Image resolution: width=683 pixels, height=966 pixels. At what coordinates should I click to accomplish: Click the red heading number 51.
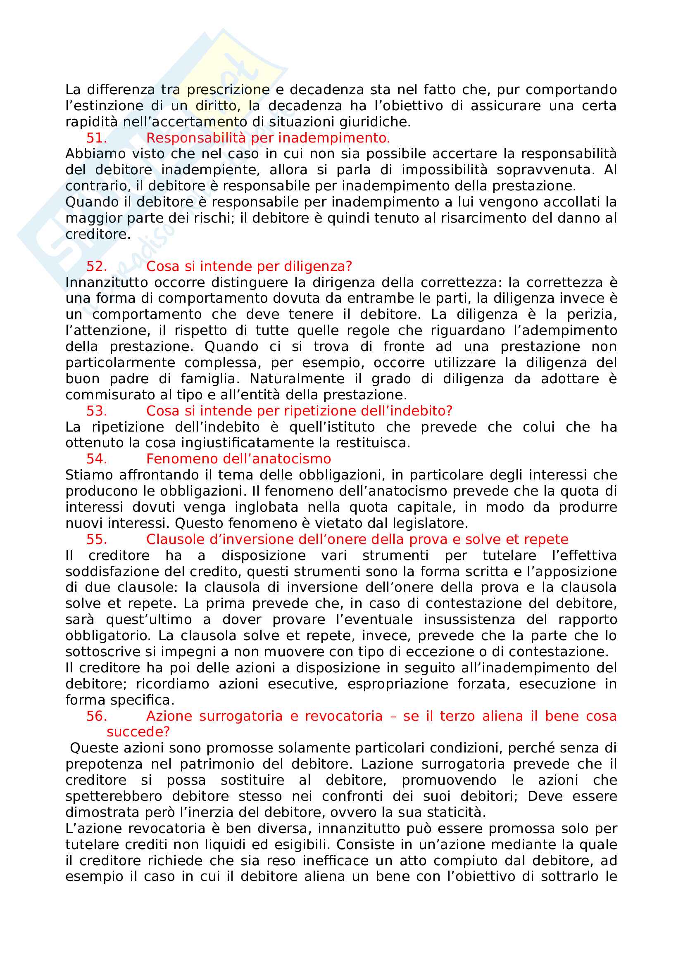coord(96,138)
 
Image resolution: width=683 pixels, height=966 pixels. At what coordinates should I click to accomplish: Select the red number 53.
coord(96,411)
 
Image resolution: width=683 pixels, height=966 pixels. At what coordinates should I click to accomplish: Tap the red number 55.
coord(96,539)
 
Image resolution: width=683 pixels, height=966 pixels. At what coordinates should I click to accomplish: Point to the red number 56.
coord(96,716)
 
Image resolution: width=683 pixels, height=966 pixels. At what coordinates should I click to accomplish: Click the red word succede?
coord(138,732)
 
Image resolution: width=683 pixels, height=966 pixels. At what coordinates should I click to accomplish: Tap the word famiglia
coord(210,379)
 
